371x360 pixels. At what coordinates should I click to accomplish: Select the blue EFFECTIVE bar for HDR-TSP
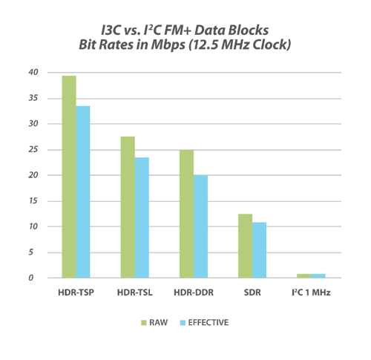83,192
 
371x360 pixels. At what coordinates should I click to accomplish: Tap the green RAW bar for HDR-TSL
128,207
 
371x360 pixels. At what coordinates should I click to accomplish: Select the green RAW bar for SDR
245,246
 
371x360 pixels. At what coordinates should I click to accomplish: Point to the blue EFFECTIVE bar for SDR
259,250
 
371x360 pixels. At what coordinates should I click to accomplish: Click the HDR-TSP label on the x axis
76,292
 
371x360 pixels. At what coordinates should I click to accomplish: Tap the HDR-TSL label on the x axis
134,292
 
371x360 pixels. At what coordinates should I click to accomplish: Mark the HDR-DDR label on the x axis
193,292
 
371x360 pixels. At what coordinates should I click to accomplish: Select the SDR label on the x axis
252,292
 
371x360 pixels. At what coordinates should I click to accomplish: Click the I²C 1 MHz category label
310,292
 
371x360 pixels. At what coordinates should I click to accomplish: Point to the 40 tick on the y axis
30,73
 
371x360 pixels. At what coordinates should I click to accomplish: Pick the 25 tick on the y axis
30,150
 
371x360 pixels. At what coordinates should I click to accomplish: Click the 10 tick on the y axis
30,227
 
